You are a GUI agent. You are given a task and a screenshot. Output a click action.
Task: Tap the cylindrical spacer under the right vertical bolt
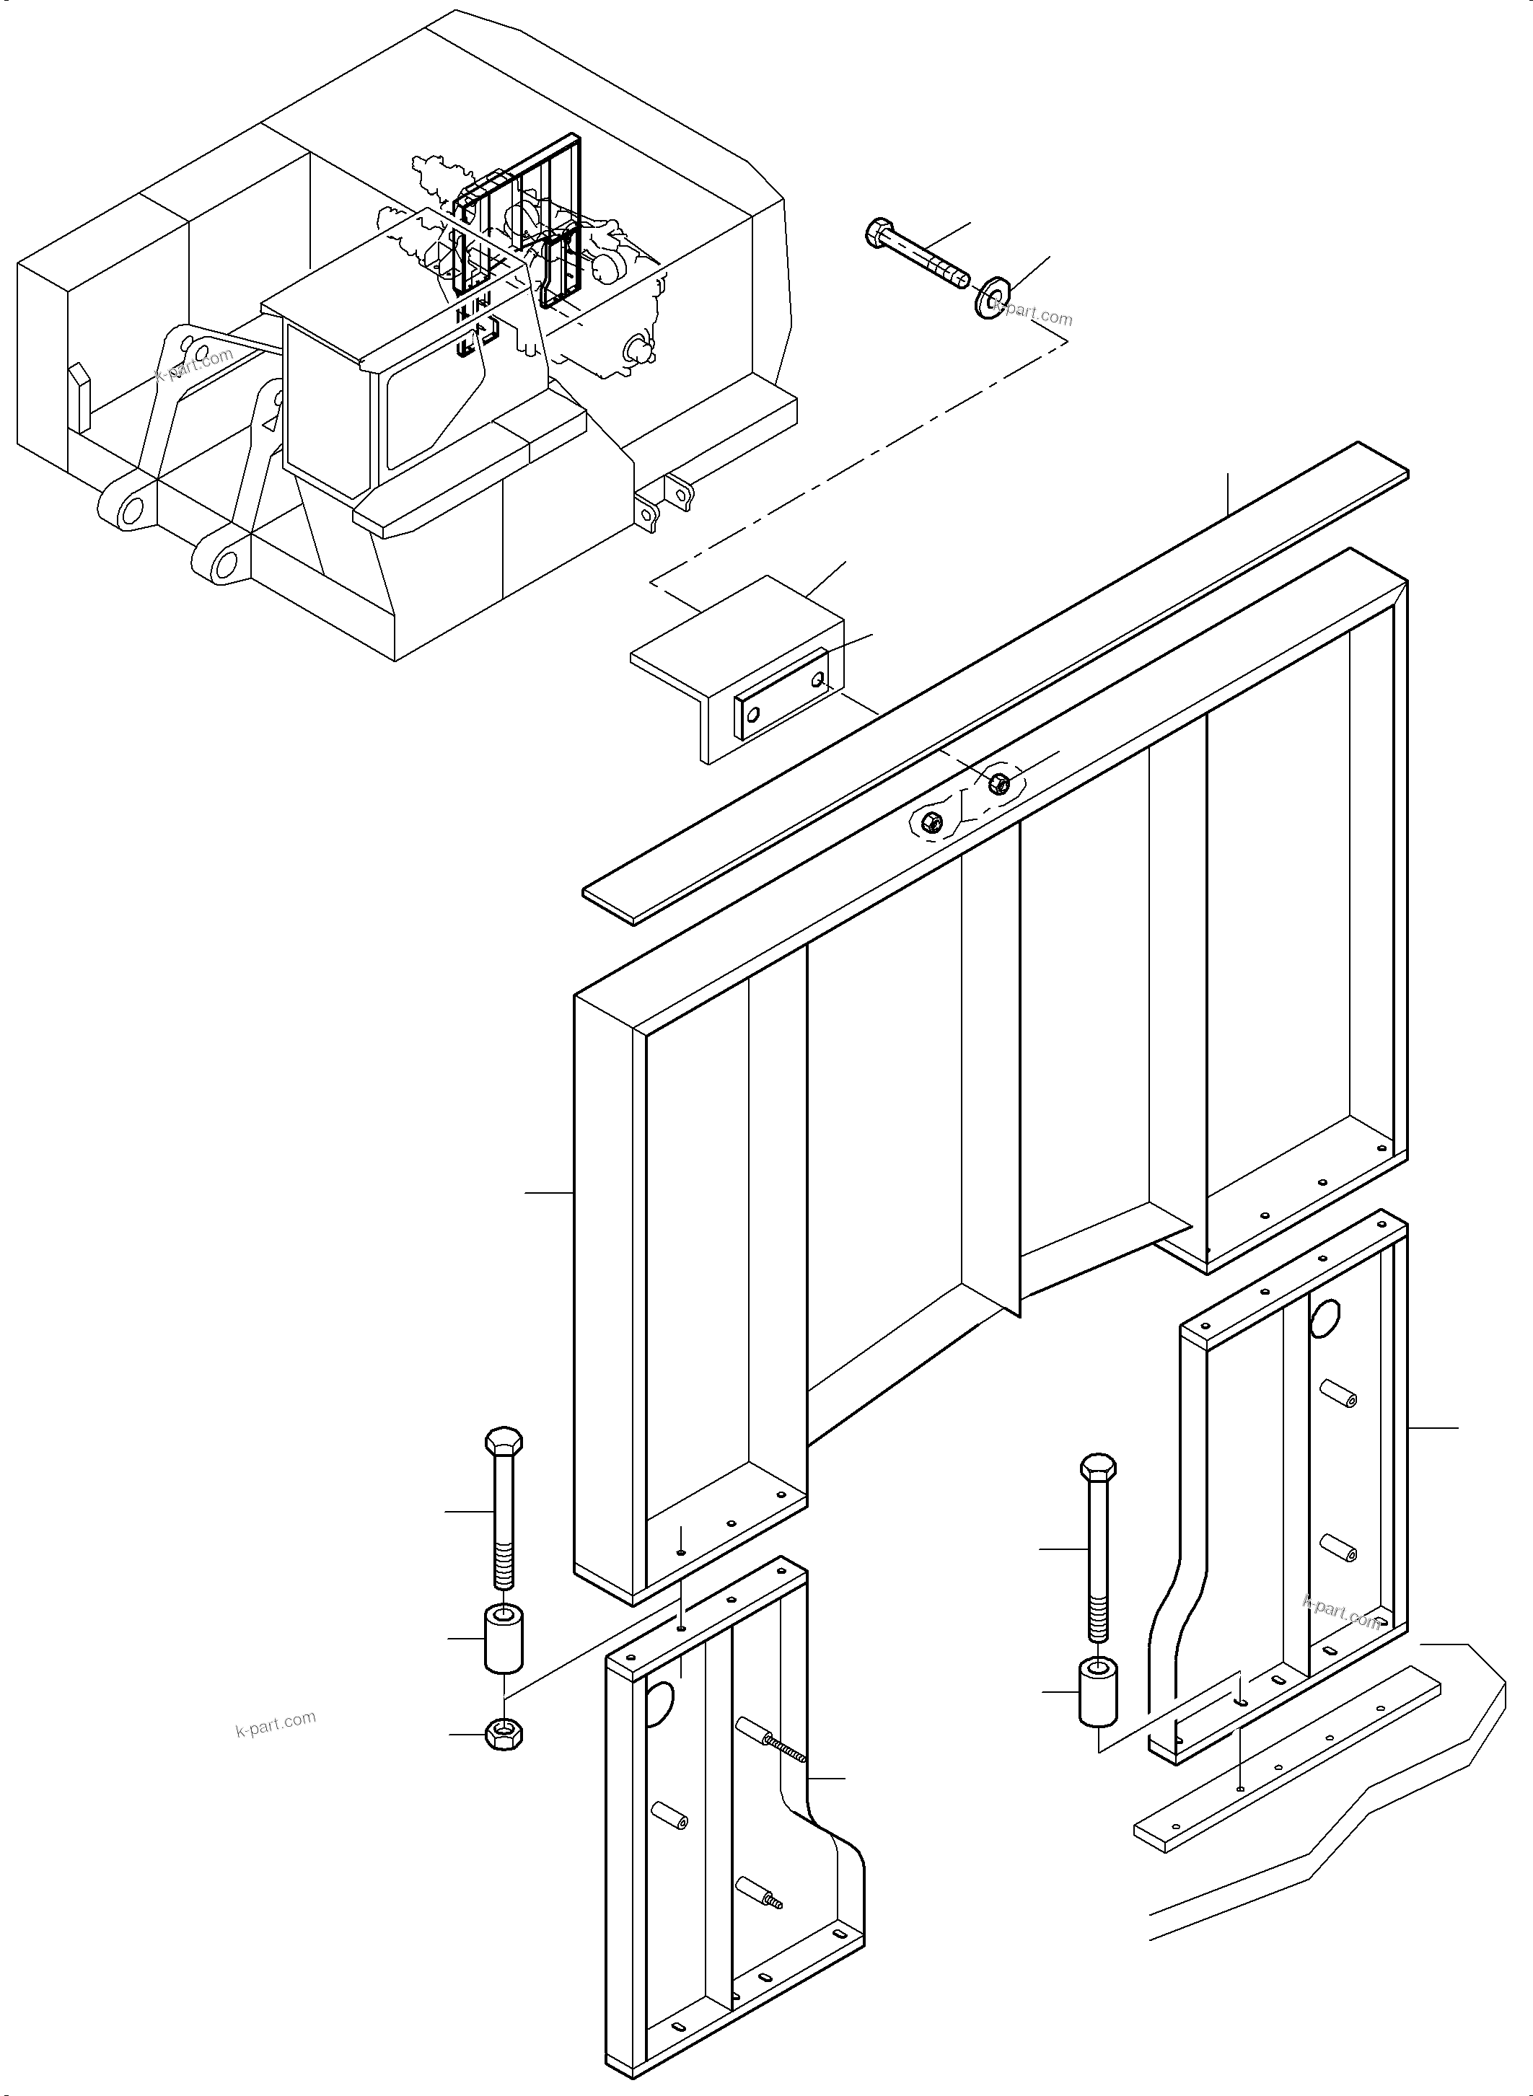click(x=1098, y=1694)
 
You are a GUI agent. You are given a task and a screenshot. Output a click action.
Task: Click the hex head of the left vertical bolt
click(x=504, y=1442)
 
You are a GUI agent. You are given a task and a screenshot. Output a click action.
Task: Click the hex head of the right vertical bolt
click(x=1099, y=1468)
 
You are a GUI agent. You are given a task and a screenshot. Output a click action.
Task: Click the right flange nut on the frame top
click(x=998, y=782)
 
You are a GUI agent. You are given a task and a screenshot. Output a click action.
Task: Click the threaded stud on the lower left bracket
click(x=785, y=1746)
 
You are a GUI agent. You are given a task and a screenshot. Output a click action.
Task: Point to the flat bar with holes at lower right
click(x=1286, y=1753)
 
